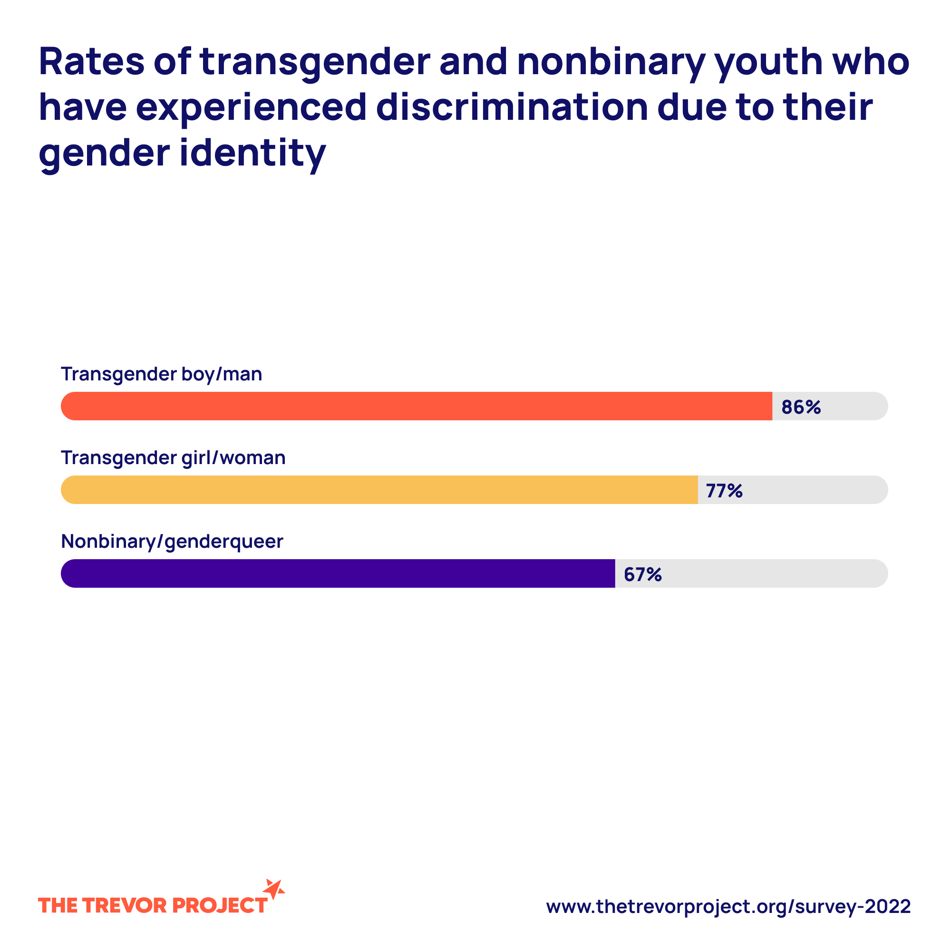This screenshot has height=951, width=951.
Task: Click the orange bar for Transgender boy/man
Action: (416, 406)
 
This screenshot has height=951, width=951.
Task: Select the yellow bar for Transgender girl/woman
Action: (379, 490)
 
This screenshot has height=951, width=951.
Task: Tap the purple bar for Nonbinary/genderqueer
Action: (338, 573)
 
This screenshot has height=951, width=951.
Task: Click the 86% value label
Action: (801, 407)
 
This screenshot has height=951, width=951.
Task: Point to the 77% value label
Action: (724, 491)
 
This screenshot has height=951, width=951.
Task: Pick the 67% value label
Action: (642, 574)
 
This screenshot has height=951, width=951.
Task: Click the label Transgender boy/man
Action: (162, 374)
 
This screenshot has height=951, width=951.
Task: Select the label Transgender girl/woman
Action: (173, 458)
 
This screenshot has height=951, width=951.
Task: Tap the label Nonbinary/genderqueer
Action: (172, 542)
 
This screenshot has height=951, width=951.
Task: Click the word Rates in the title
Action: (92, 61)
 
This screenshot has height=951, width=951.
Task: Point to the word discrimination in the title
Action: (512, 107)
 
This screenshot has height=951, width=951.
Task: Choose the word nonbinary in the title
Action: (611, 62)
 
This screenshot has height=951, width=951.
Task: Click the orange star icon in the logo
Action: (274, 890)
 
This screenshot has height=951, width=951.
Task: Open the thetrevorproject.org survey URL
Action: (728, 906)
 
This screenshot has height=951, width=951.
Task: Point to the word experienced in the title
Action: (251, 108)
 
